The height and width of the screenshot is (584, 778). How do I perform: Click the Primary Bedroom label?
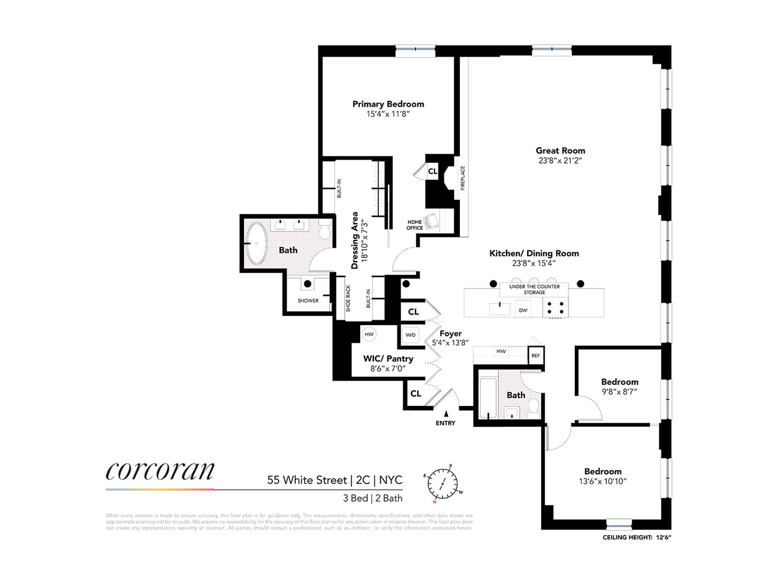388,104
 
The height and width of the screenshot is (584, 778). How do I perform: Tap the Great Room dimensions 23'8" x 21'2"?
560,161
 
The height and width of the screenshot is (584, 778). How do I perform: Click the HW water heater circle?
369,335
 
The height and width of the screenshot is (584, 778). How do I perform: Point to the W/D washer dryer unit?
410,335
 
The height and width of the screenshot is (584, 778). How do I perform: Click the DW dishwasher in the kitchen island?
523,310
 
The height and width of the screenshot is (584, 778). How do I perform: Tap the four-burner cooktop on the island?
555,307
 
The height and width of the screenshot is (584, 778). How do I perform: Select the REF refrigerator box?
536,356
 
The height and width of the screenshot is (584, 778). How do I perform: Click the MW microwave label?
501,352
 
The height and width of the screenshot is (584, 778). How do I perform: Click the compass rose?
442,484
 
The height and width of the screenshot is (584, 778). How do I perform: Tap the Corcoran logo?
160,471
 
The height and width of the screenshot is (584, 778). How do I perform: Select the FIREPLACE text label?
463,178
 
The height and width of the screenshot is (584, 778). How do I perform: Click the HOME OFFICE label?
414,225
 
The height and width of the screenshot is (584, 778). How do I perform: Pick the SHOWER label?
308,301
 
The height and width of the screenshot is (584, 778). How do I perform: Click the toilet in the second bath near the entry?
532,408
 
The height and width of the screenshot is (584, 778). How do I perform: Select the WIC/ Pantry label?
388,359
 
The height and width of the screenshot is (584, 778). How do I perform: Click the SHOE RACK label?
348,298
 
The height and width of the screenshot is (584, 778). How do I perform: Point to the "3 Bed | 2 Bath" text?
372,498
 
